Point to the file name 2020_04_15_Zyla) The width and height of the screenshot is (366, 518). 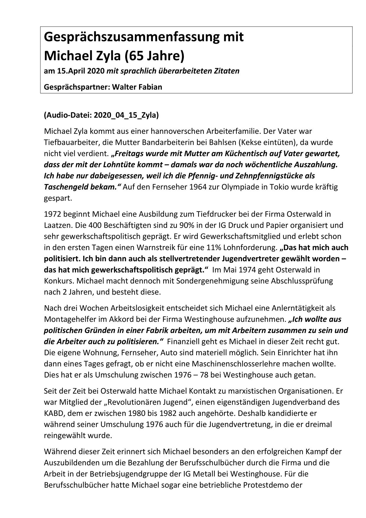point(126,115)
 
